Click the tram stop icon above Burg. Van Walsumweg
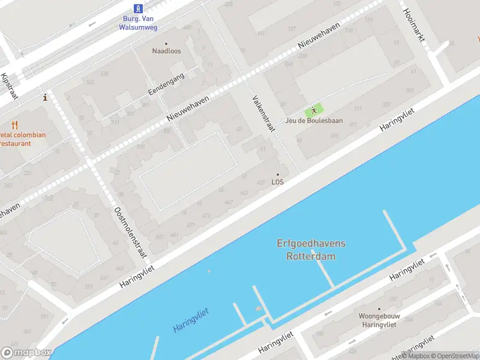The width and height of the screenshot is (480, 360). tap(138, 8)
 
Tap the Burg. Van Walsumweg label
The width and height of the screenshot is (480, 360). tap(139, 22)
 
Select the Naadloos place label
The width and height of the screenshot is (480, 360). tap(166, 51)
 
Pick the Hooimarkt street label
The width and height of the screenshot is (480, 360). tap(414, 25)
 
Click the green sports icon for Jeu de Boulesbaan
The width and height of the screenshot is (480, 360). tap(313, 110)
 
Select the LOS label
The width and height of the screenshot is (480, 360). tap(277, 182)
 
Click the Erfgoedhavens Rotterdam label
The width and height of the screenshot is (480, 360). tap(311, 250)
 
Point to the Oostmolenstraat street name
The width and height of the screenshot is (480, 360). tap(130, 233)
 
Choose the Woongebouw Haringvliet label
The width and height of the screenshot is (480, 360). tap(379, 319)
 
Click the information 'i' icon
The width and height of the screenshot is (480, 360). tap(44, 97)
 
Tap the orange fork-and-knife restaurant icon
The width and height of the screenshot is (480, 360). tap(15, 125)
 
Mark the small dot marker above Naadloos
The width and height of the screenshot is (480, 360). tap(166, 43)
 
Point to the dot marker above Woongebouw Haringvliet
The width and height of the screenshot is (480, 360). tap(379, 309)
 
